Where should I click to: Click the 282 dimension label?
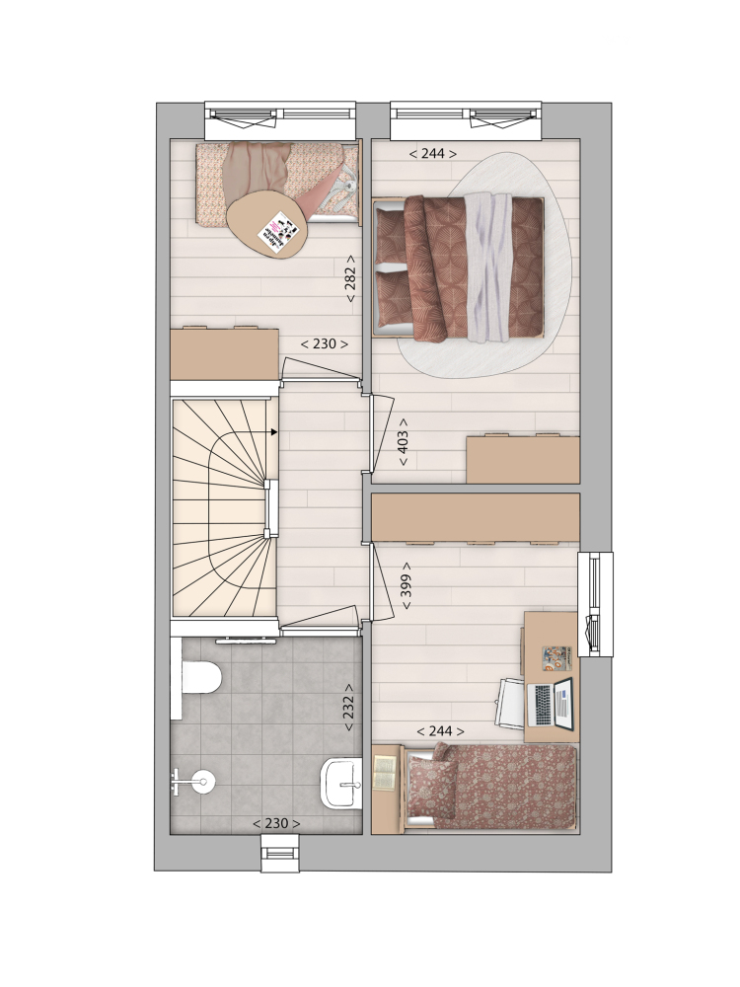[x=350, y=279]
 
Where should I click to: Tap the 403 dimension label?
[x=404, y=442]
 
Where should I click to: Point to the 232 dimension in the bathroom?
[x=348, y=707]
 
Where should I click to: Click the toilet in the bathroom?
[x=200, y=676]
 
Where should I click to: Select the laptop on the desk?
[x=551, y=703]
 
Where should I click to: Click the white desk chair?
[x=511, y=702]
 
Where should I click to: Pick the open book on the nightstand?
[x=385, y=772]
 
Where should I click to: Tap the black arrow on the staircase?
[x=274, y=432]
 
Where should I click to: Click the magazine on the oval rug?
[x=279, y=234]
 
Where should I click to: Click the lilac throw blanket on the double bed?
[x=486, y=268]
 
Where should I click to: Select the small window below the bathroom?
[x=281, y=854]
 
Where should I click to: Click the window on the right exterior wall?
[x=595, y=604]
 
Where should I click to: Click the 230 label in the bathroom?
[x=276, y=823]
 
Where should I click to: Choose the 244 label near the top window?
[x=432, y=153]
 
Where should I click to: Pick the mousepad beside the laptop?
[x=556, y=657]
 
